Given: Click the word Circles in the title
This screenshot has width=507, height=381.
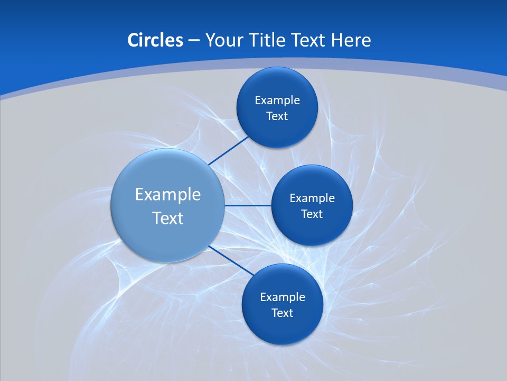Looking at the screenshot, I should point(155,40).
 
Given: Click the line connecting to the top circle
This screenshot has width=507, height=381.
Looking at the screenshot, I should point(229,151).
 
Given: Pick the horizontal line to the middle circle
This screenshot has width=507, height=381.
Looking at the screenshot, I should point(248,205).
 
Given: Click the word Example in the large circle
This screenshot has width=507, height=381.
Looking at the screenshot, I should point(168,195).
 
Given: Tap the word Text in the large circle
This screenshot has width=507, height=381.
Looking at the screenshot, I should point(168,218).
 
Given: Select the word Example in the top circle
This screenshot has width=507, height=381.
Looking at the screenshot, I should point(277,101).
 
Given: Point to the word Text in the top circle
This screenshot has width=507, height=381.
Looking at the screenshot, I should point(277,116).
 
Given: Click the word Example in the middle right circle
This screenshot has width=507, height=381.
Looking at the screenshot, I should point(312,198).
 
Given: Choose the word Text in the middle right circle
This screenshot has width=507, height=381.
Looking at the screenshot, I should point(312,214).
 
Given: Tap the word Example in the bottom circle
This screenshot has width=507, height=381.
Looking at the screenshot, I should point(283,297).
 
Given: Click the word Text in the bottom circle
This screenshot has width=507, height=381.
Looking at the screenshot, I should point(282,313).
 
